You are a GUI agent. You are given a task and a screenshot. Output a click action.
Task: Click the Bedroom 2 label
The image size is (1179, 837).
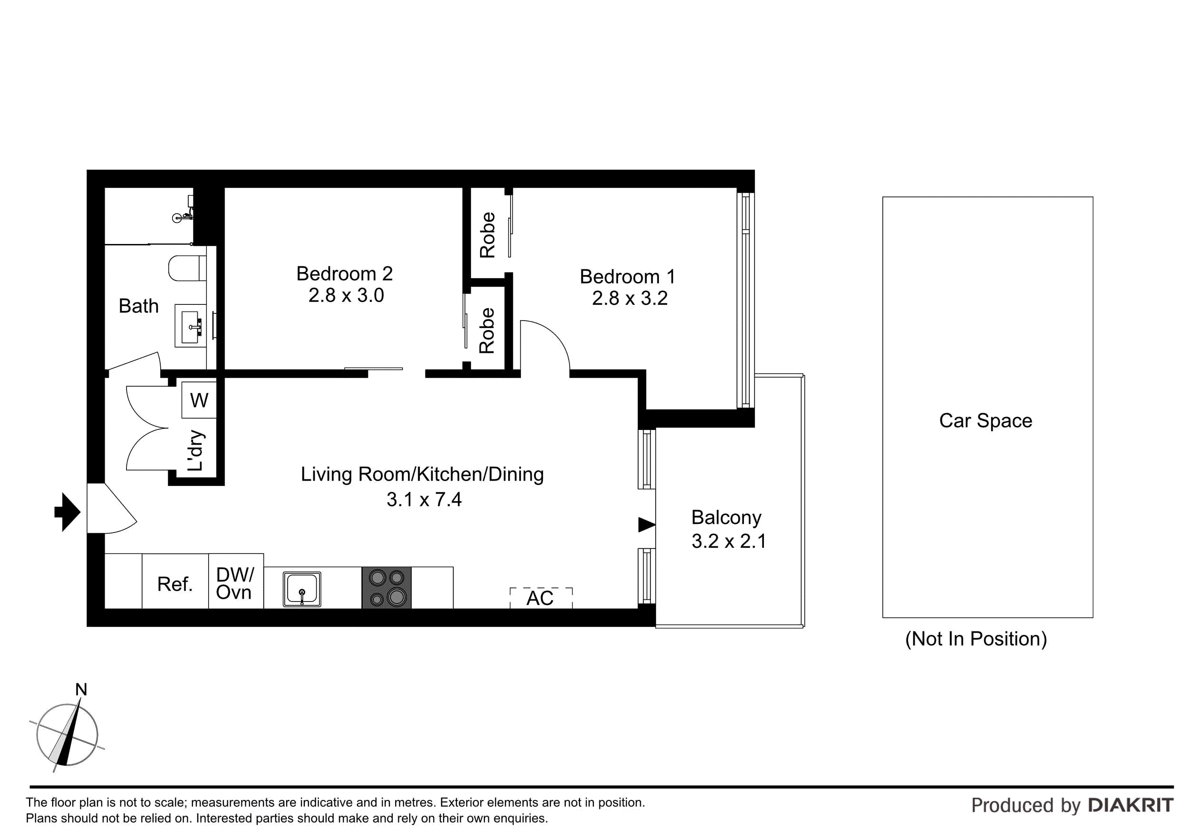[x=344, y=273]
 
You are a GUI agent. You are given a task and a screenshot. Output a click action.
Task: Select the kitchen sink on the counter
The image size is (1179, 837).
[x=301, y=589]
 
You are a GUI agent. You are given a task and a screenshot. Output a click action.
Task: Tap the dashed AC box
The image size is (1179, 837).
[x=541, y=598]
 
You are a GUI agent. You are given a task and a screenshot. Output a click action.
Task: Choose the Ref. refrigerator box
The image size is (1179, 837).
[x=174, y=584]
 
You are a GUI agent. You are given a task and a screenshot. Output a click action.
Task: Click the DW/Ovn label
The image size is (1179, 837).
[x=235, y=584]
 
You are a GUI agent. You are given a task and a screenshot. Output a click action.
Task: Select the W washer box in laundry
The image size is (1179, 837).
[x=199, y=400]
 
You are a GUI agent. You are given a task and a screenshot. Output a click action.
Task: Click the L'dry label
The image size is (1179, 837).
[x=196, y=450]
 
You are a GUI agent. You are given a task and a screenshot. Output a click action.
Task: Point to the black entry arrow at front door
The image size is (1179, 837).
[x=68, y=512]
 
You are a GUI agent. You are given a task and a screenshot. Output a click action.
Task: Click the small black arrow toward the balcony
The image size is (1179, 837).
[x=646, y=525]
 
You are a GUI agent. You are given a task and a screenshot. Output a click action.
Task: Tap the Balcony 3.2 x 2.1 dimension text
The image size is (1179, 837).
[x=728, y=541]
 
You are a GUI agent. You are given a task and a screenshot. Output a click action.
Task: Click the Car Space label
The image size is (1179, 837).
[x=985, y=420]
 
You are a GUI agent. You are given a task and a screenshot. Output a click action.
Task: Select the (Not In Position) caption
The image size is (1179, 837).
[x=976, y=639]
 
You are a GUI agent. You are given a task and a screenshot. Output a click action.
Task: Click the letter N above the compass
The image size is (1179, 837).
[x=81, y=690]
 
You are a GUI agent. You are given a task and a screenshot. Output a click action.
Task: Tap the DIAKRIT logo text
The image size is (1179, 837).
[x=1130, y=805]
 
